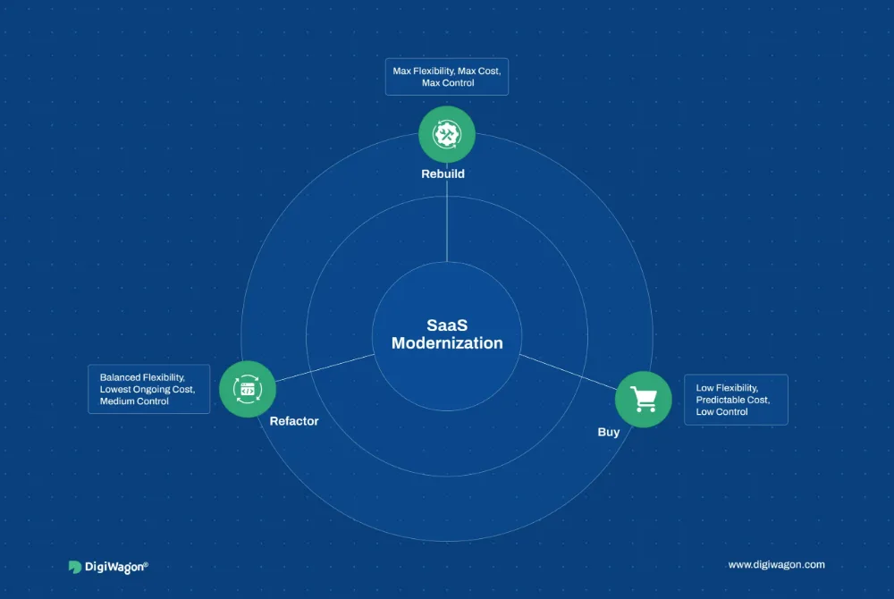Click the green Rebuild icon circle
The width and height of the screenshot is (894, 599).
click(447, 134)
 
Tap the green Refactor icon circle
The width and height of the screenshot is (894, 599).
click(248, 389)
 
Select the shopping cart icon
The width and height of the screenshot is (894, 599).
click(644, 399)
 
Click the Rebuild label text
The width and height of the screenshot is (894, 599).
click(443, 173)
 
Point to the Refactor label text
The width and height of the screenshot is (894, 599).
click(294, 421)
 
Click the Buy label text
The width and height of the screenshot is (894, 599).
click(608, 432)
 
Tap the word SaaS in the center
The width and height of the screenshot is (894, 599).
click(447, 325)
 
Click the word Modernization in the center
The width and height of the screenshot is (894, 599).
click(447, 343)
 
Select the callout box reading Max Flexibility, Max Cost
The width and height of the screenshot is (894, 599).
click(447, 76)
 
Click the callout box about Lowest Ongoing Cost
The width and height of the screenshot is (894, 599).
click(148, 389)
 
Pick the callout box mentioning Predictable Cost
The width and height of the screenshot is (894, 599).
click(736, 400)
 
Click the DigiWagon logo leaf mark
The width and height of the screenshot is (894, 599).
click(75, 567)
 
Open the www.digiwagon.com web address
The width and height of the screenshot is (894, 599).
click(776, 565)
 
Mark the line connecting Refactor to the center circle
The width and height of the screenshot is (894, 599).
click(325, 367)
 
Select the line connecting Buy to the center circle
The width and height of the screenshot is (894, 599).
click(568, 372)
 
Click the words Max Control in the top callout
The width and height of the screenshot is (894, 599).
click(448, 83)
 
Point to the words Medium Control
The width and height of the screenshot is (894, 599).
click(134, 401)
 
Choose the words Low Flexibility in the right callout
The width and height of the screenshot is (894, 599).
click(727, 387)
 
